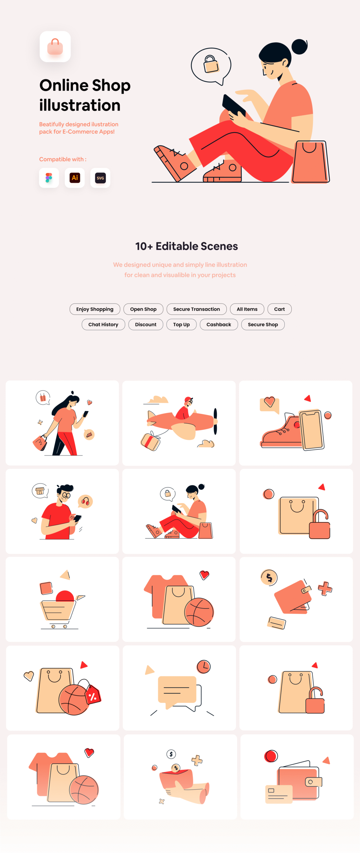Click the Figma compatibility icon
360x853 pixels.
pyautogui.click(x=49, y=178)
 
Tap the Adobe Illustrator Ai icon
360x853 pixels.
pyautogui.click(x=75, y=178)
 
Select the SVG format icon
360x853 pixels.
pyautogui.click(x=100, y=178)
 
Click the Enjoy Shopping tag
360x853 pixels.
pyautogui.click(x=95, y=309)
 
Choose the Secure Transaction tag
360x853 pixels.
pyautogui.click(x=196, y=309)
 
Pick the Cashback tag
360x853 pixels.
pyautogui.click(x=219, y=324)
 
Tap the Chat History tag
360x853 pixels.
pyautogui.click(x=103, y=324)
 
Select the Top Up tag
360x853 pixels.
pyautogui.click(x=181, y=324)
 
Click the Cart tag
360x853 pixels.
pyautogui.click(x=279, y=309)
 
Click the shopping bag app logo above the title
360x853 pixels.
pyautogui.click(x=55, y=47)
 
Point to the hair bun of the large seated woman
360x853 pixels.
pyautogui.click(x=299, y=47)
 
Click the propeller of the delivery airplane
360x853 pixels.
pyautogui.click(x=215, y=421)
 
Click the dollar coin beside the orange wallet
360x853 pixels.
pyautogui.click(x=269, y=577)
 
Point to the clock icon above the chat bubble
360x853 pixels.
pyautogui.click(x=203, y=666)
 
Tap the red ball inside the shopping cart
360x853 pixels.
pyautogui.click(x=65, y=596)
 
